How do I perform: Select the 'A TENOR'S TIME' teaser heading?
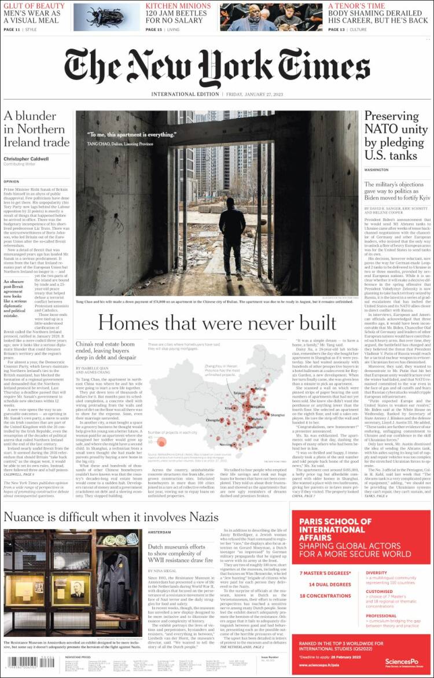click(356, 6)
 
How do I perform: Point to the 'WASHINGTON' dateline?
click(377, 170)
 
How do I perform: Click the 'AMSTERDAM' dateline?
click(159, 532)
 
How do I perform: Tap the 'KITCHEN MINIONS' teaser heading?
click(178, 6)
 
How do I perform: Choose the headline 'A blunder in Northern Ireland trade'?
click(36, 128)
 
